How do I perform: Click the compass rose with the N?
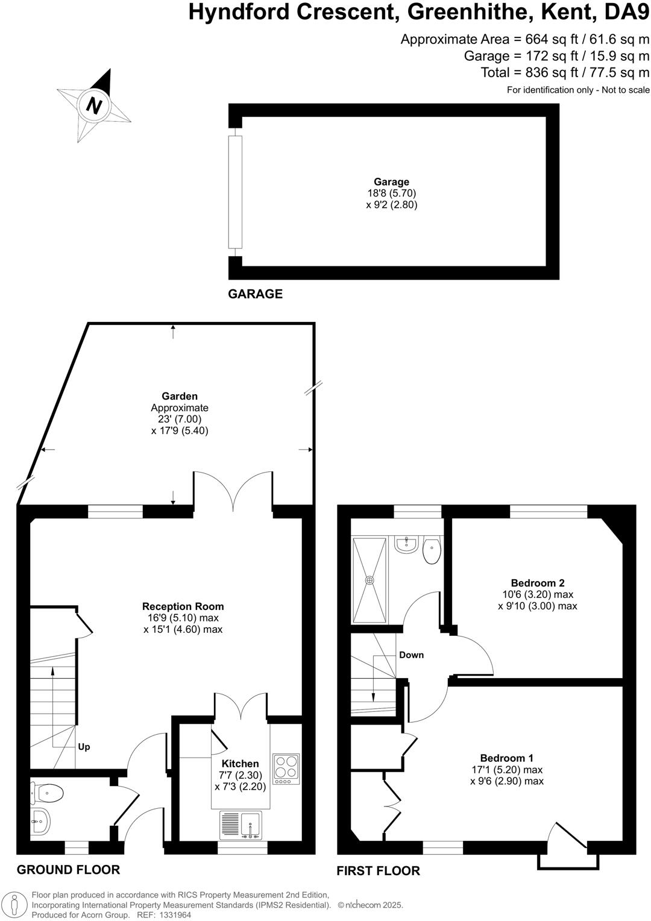[x=93, y=105]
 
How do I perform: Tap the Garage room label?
[x=391, y=182]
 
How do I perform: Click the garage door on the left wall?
[x=235, y=192]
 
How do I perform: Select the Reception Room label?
[x=183, y=606]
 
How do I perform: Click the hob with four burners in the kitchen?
[x=286, y=769]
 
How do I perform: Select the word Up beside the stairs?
[x=84, y=747]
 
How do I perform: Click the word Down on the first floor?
[x=411, y=655]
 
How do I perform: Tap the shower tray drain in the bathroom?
[x=370, y=580]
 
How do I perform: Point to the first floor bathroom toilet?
[x=432, y=550]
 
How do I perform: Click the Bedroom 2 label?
[x=537, y=583]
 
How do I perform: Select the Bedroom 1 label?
[x=506, y=758]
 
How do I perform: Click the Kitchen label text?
[x=240, y=764]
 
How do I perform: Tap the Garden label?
[x=180, y=396]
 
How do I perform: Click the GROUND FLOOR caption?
[x=68, y=870]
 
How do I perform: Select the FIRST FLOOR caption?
[x=378, y=871]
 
